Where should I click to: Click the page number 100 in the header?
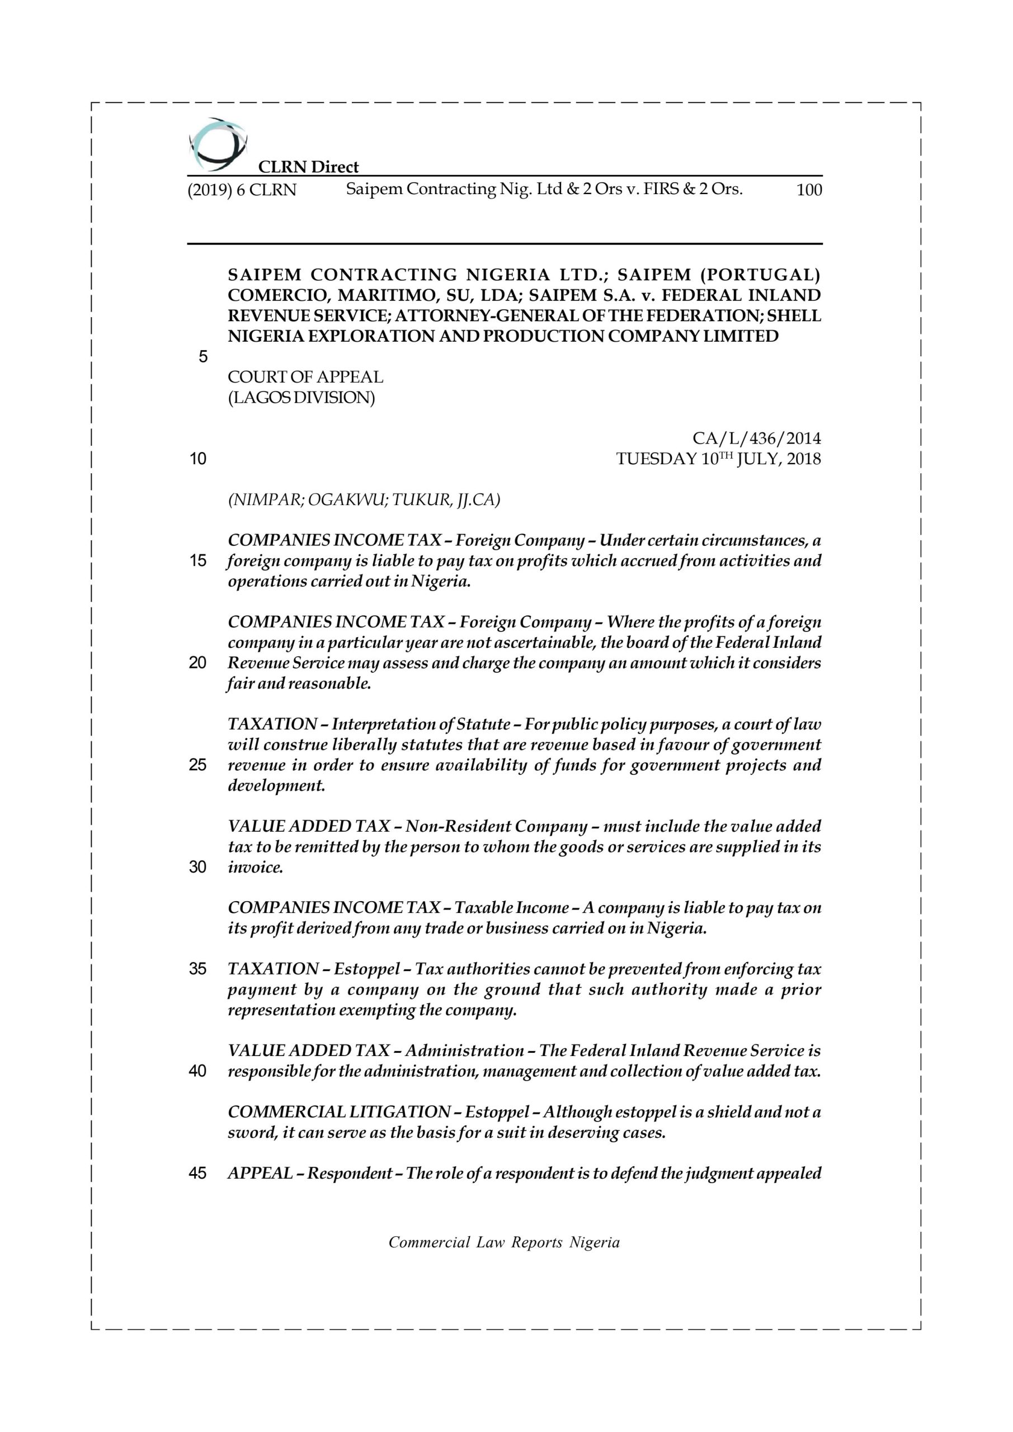tap(809, 190)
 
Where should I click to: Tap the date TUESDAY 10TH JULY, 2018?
tap(718, 459)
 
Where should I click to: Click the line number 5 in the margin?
tap(202, 357)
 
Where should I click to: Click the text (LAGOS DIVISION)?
tap(301, 398)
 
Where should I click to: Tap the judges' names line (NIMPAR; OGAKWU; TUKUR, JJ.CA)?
tap(364, 500)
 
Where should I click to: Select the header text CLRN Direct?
tap(308, 167)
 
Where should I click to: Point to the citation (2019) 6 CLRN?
tap(242, 190)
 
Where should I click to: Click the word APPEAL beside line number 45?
tap(260, 1173)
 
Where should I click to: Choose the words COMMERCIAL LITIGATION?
tap(340, 1112)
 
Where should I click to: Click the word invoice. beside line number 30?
tap(255, 867)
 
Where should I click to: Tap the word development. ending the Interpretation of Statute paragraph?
tap(276, 785)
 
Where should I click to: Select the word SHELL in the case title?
tap(795, 316)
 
